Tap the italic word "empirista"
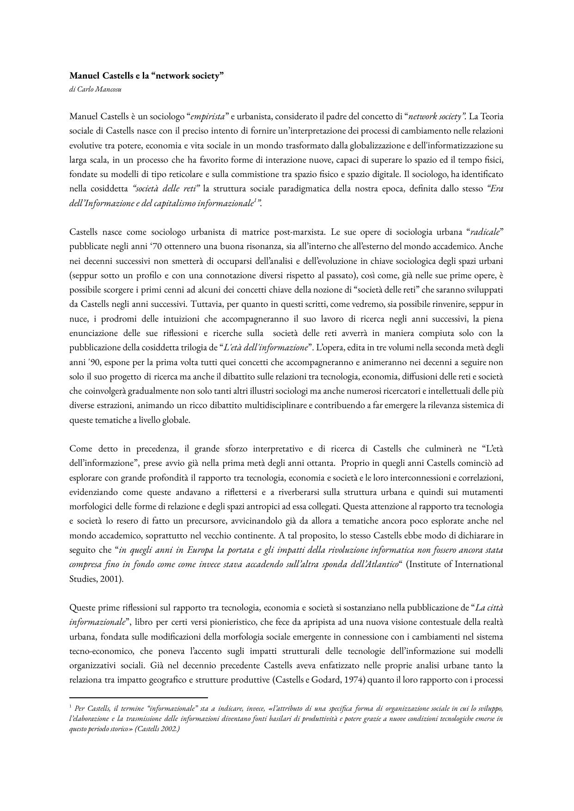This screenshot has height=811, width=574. pyautogui.click(x=208, y=116)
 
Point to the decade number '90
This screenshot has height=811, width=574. pyautogui.click(x=93, y=362)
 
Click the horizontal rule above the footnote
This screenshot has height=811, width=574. pyautogui.click(x=139, y=697)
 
